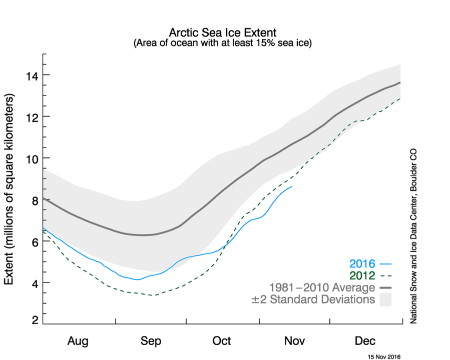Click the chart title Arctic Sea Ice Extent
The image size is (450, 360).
coord(222,32)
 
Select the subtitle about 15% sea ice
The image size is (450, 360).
coord(222,43)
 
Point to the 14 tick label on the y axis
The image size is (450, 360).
coord(32,75)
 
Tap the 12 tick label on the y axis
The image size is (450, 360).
coord(32,116)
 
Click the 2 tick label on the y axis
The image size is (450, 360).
coord(35,320)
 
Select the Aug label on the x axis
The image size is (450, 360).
coord(78,341)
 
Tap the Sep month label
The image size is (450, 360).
coord(151,341)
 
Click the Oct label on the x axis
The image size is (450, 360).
coord(222,341)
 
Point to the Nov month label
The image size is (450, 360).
coord(294,341)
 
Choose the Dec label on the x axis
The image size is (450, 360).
coord(365,341)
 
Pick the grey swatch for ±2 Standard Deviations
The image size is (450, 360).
coord(385,299)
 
